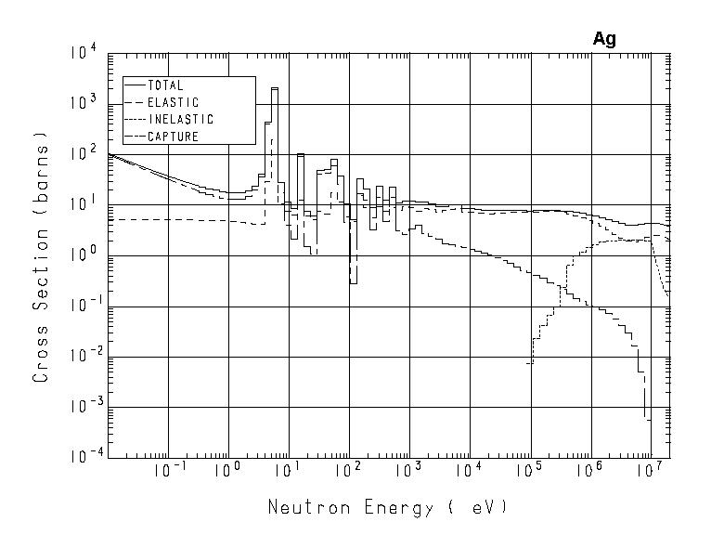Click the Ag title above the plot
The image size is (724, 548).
point(604,39)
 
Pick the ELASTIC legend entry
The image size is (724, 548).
point(173,102)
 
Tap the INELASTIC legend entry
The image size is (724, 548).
point(180,119)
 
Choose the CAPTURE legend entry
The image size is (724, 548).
point(173,137)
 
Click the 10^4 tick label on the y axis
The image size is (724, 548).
point(84,55)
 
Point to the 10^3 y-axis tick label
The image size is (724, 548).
point(84,105)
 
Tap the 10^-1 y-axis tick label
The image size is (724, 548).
point(83,307)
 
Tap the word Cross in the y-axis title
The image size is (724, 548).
point(41,352)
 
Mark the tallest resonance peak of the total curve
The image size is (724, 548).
point(275,90)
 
